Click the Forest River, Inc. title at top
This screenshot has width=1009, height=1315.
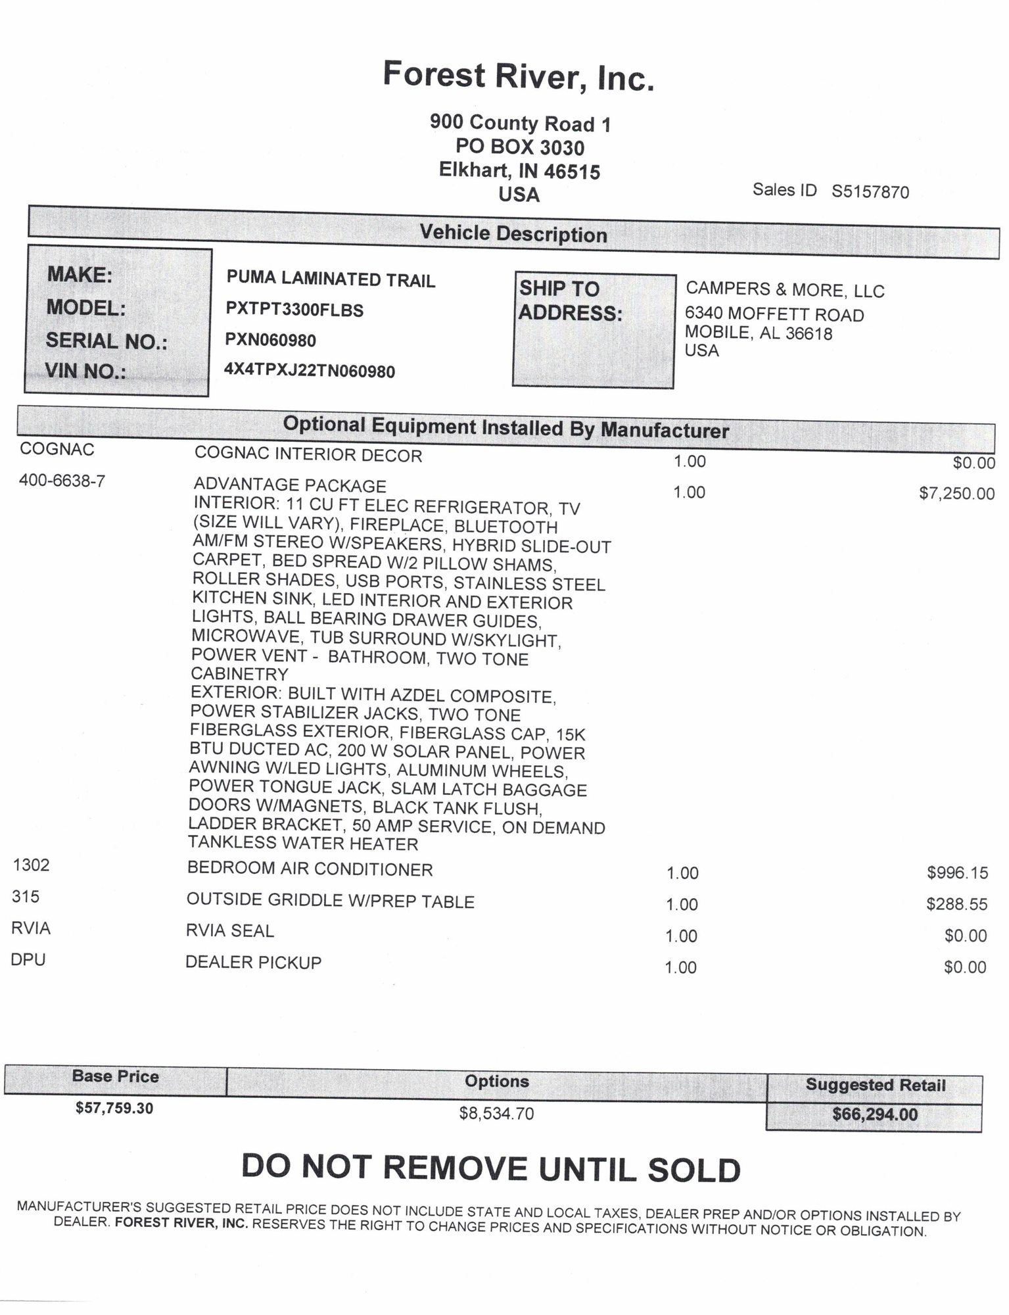[x=519, y=76]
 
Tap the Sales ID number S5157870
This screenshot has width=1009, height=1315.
[x=870, y=192]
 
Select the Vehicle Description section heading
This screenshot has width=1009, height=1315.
[x=513, y=234]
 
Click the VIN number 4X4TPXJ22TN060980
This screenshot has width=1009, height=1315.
[x=310, y=371]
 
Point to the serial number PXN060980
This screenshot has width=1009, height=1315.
[x=271, y=340]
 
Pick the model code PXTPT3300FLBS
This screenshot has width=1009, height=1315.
[x=294, y=310]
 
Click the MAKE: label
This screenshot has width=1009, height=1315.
[x=80, y=275]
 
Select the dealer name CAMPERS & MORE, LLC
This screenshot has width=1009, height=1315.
[x=785, y=290]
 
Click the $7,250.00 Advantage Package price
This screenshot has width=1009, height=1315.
[x=956, y=494]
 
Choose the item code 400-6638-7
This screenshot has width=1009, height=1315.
[x=62, y=481]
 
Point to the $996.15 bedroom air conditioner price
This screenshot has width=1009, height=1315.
[x=957, y=873]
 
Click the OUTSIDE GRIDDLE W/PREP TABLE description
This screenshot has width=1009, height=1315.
[x=330, y=901]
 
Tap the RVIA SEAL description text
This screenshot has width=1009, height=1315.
[x=229, y=931]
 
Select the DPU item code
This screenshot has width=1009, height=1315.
[x=28, y=960]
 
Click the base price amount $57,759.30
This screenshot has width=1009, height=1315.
[x=114, y=1108]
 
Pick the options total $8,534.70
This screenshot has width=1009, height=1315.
[x=496, y=1113]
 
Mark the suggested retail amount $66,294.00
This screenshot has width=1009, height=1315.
[x=874, y=1114]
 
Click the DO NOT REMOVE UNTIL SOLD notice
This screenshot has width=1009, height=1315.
[x=491, y=1168]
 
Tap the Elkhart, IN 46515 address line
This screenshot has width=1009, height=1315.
[x=519, y=171]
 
